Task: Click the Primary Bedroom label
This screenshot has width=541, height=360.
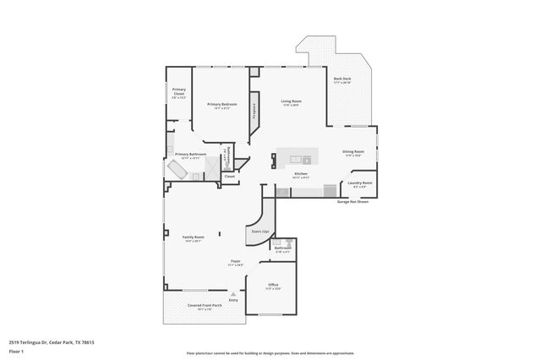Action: click(221, 104)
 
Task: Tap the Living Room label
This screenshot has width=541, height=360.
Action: click(291, 101)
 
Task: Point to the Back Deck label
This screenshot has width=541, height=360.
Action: click(342, 79)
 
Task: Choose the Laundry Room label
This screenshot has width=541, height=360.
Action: click(360, 183)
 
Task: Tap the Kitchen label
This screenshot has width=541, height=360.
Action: click(300, 175)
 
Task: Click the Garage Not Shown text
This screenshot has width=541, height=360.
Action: click(352, 202)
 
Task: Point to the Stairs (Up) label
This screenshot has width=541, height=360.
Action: click(259, 231)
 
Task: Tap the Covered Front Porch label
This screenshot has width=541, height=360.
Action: click(193, 308)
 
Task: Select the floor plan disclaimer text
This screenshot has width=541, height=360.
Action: click(270, 352)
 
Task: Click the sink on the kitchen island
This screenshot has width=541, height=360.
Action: click(307, 158)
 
